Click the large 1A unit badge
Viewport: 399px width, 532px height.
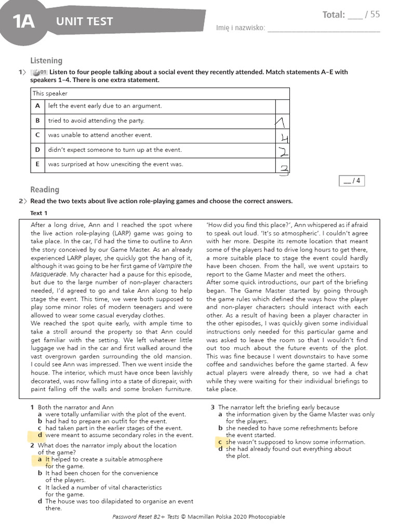pyautogui.click(x=23, y=22)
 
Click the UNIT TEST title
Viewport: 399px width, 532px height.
pyautogui.click(x=85, y=21)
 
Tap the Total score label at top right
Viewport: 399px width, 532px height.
pyautogui.click(x=334, y=15)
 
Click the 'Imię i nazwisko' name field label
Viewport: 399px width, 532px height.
pyautogui.click(x=241, y=28)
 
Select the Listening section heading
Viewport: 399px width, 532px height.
pyautogui.click(x=46, y=61)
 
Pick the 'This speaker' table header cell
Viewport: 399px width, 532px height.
pyautogui.click(x=50, y=94)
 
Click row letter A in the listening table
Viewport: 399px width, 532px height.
pyautogui.click(x=37, y=106)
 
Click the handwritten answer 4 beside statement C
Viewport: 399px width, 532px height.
pyautogui.click(x=283, y=138)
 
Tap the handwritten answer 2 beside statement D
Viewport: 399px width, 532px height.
pyautogui.click(x=283, y=152)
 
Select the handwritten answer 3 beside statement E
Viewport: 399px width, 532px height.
pyautogui.click(x=284, y=168)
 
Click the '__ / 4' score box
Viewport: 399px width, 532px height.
pyautogui.click(x=352, y=181)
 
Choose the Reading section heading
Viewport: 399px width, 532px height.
pyautogui.click(x=45, y=190)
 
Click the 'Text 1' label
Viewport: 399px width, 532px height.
pyautogui.click(x=39, y=213)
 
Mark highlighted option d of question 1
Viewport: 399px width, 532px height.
pyautogui.click(x=39, y=435)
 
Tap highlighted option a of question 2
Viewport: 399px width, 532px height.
pyautogui.click(x=39, y=459)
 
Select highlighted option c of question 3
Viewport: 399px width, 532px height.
pyautogui.click(x=220, y=442)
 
